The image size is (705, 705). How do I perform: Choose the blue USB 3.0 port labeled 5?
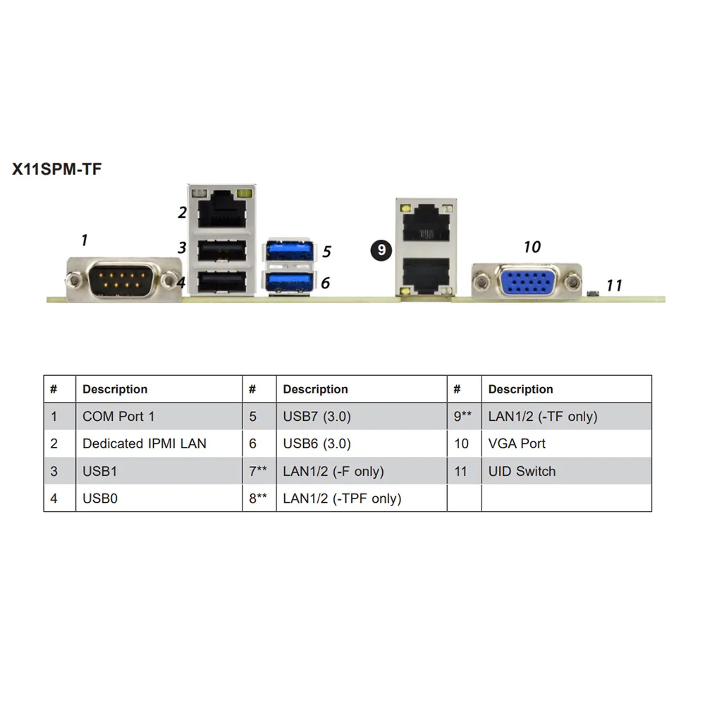(x=288, y=252)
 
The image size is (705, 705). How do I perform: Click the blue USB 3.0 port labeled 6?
(x=288, y=283)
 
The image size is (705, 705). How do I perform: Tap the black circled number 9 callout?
(x=381, y=250)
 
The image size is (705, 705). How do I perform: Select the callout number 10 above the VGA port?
(x=532, y=247)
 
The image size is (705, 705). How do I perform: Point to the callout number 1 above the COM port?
(x=85, y=240)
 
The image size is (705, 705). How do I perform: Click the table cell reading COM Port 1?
(x=118, y=416)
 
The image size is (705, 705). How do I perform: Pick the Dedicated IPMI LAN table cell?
(x=144, y=443)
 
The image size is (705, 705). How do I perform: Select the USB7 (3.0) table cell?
(x=317, y=416)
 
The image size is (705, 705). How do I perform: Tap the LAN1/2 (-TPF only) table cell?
(x=342, y=498)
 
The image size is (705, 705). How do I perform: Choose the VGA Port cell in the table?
(x=517, y=443)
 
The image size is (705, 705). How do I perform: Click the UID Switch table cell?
(x=522, y=471)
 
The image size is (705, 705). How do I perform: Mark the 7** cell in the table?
(x=258, y=471)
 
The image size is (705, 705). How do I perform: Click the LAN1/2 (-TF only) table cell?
(x=542, y=416)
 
